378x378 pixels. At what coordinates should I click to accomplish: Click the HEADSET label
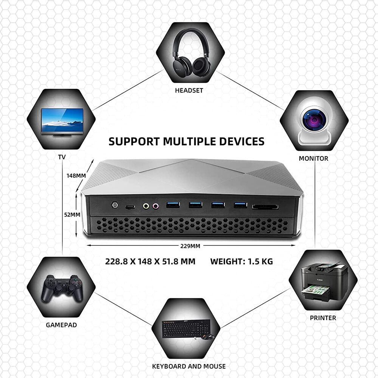point(189,90)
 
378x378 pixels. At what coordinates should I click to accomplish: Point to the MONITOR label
point(313,158)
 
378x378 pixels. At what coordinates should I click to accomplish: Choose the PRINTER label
point(323,318)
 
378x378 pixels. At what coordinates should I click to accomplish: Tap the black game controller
point(62,288)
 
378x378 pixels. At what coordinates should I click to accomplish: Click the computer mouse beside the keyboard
point(208,336)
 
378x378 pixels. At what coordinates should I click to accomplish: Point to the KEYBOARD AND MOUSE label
point(189,366)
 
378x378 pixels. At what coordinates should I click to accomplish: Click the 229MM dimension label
point(190,246)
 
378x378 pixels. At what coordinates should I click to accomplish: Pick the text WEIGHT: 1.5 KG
point(242,261)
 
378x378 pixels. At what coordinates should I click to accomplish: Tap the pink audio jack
point(155,206)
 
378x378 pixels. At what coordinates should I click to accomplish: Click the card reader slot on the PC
point(265,207)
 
